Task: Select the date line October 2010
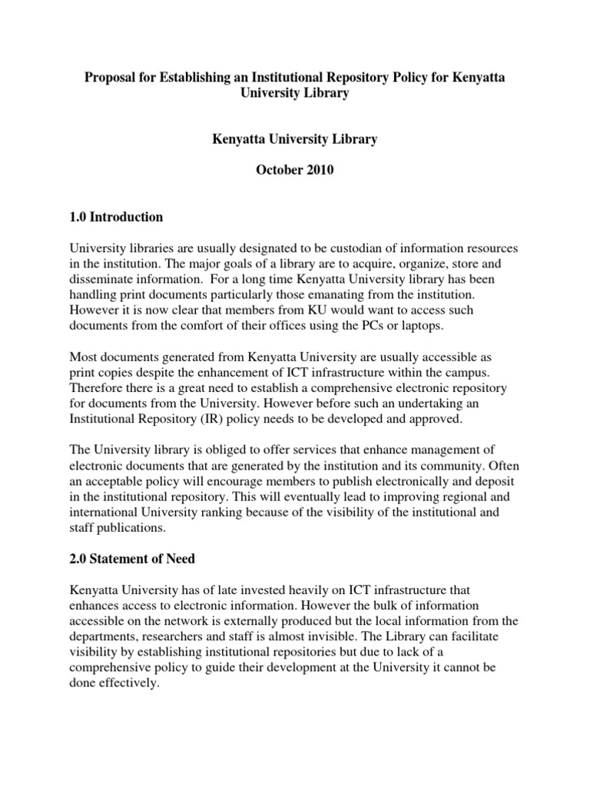tap(295, 170)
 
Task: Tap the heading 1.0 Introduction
tap(116, 217)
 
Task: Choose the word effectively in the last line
tap(125, 682)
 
